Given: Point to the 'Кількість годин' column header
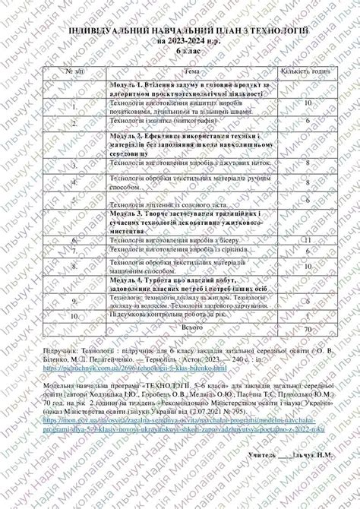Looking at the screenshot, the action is click(x=307, y=70).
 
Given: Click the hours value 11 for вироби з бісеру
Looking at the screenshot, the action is click(x=308, y=240).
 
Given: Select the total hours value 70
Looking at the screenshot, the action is click(x=307, y=331).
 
